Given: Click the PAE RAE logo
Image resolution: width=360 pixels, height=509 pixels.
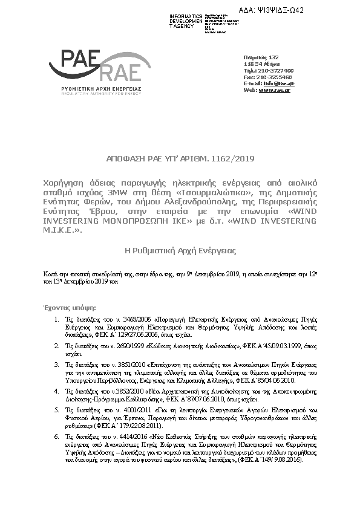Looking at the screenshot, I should click(x=97, y=71).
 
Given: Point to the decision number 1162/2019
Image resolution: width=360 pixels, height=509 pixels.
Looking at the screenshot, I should click(x=234, y=159).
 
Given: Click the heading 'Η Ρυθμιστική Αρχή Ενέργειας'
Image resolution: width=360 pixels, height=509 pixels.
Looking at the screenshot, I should click(x=180, y=250).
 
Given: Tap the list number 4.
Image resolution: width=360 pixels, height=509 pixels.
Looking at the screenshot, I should click(x=56, y=391).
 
